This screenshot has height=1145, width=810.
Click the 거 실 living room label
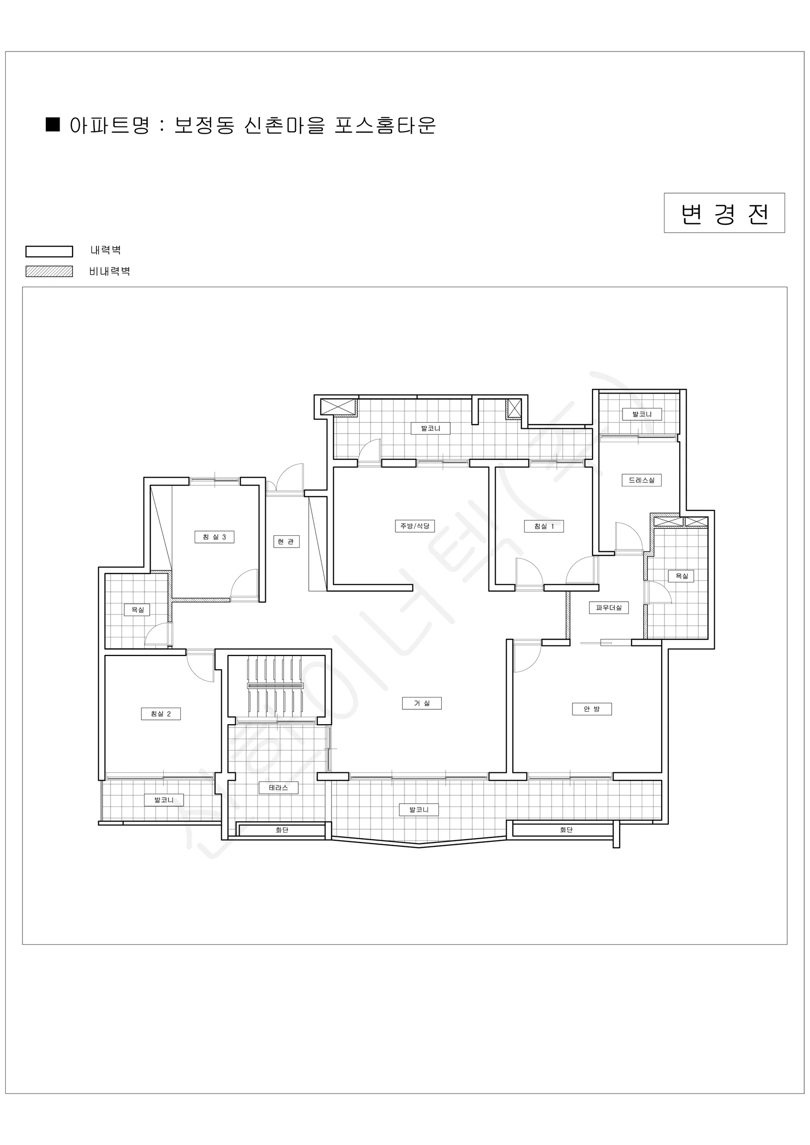tap(422, 703)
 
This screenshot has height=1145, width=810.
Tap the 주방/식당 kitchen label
tap(415, 526)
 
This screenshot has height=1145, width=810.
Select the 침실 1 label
tap(544, 526)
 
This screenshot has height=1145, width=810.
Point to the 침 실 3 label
tap(214, 537)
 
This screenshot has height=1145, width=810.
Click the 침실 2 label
tap(161, 714)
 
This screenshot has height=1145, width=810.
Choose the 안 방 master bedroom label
tap(592, 709)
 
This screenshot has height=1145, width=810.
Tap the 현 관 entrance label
tap(286, 541)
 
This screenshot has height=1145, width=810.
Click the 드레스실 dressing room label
tap(642, 480)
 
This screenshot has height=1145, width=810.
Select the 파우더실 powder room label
tap(609, 608)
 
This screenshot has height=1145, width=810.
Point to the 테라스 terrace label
tap(278, 788)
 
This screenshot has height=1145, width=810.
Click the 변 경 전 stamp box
tap(724, 213)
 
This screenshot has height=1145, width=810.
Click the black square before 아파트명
tap(53, 124)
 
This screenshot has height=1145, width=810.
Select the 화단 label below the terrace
tap(282, 830)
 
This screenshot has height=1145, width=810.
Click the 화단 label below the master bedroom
tap(566, 830)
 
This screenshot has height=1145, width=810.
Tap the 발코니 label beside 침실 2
tap(164, 800)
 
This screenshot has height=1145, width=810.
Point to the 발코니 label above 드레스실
tap(642, 414)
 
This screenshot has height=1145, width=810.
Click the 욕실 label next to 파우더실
tap(681, 576)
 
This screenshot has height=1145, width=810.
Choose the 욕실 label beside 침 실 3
tap(137, 609)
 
